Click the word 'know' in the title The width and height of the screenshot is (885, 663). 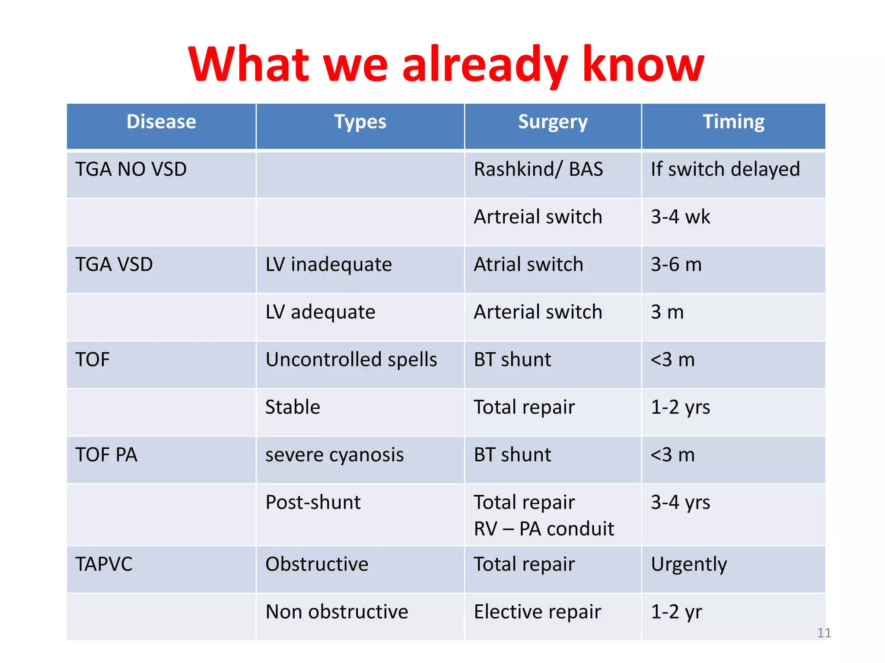(643, 65)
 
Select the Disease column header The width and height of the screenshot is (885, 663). (161, 122)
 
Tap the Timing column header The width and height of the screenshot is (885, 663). (733, 122)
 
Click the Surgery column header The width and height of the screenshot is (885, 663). (553, 122)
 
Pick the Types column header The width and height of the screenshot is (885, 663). (360, 122)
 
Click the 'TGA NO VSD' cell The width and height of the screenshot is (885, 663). (131, 169)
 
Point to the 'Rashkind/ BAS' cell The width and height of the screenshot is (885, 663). (538, 169)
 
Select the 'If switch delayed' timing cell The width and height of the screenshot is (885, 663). (725, 169)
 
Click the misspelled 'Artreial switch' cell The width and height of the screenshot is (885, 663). (538, 217)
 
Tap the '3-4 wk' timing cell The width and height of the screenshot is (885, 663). (680, 217)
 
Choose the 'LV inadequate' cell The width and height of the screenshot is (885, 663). (328, 265)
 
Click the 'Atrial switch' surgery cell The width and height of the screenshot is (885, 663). (528, 265)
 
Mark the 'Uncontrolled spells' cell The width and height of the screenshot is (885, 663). (351, 360)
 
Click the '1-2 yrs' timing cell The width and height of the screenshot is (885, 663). (680, 407)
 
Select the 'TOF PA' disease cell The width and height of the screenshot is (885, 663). (106, 455)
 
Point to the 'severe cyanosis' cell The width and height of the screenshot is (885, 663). (334, 455)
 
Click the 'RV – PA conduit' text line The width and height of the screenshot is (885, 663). (544, 529)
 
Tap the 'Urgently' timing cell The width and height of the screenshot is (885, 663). (689, 564)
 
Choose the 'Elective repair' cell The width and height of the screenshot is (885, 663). (537, 612)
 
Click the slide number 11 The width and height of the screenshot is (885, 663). (824, 633)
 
